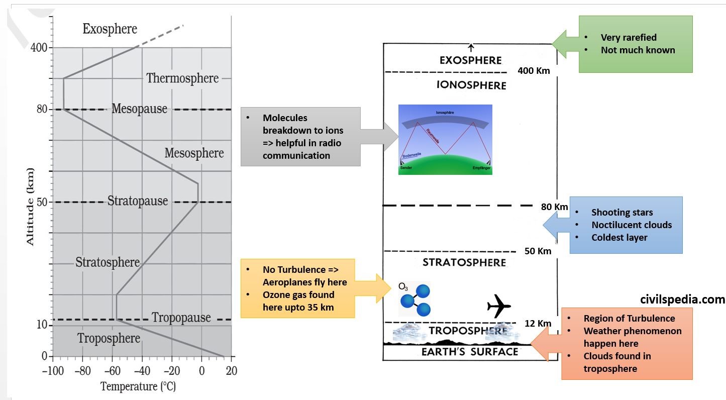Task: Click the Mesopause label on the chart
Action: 139,109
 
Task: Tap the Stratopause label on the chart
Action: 137,201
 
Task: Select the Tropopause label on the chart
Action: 181,318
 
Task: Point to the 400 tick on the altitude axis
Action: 39,48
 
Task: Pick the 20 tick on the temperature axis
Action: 231,371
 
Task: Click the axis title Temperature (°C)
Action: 138,386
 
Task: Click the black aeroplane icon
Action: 499,306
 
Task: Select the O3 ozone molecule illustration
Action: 415,298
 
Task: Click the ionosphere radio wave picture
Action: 445,140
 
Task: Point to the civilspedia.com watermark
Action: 682,299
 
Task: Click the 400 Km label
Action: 534,71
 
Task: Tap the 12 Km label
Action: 538,324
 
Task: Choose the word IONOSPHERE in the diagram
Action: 471,85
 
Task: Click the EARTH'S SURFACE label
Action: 469,352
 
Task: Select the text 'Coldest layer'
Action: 619,237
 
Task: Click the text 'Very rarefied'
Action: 629,37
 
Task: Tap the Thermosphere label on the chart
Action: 182,78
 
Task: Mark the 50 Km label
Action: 538,251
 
